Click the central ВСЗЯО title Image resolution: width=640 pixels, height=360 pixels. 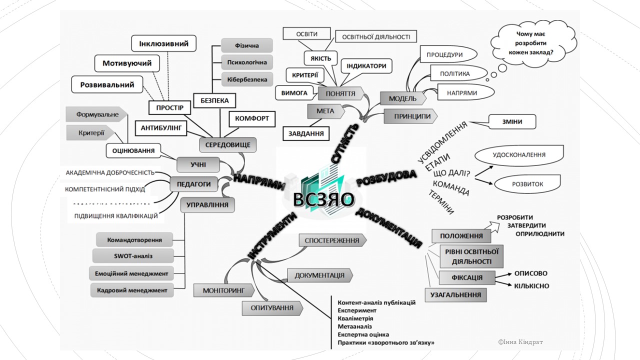point(324,199)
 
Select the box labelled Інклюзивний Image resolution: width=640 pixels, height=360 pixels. point(163,44)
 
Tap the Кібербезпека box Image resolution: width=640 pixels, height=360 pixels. point(247,79)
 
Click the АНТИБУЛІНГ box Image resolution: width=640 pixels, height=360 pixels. point(160,127)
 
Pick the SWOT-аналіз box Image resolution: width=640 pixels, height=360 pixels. point(133,256)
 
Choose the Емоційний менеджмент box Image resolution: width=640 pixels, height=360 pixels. point(133,273)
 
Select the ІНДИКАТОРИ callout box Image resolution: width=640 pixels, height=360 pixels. point(366,66)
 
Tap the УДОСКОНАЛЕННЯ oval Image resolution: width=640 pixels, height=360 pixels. point(519,155)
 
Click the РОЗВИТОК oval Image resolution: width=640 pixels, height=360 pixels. point(527,184)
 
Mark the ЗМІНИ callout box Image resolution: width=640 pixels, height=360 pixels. point(512,121)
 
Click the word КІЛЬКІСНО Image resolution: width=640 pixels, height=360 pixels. point(531,286)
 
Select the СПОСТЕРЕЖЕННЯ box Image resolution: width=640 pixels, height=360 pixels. point(332,240)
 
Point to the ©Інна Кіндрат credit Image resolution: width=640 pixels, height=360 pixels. point(520,342)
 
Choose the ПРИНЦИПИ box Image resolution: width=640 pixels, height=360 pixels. point(412,116)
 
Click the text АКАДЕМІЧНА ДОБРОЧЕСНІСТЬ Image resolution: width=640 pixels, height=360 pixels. point(110,173)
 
